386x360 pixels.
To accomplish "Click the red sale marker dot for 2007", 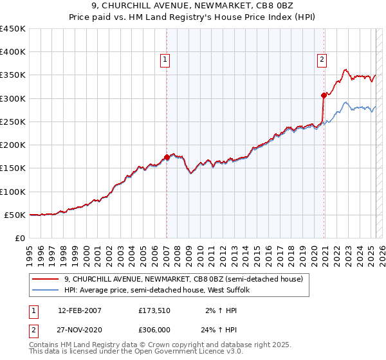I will (167, 157).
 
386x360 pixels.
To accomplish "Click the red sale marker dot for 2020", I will (324, 95).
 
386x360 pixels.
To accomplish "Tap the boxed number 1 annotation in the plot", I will (165, 60).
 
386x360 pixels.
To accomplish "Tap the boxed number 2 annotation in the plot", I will (322, 60).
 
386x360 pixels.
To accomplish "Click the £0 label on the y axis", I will (19, 238).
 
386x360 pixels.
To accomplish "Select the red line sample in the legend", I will (46, 279).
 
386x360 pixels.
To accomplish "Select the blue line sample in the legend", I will (46, 290).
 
